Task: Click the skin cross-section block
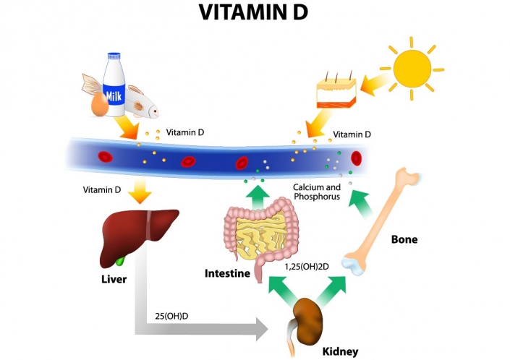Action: tap(336, 98)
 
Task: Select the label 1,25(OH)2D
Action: tap(307, 267)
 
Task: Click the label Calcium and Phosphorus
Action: tap(316, 192)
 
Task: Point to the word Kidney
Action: tap(340, 351)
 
